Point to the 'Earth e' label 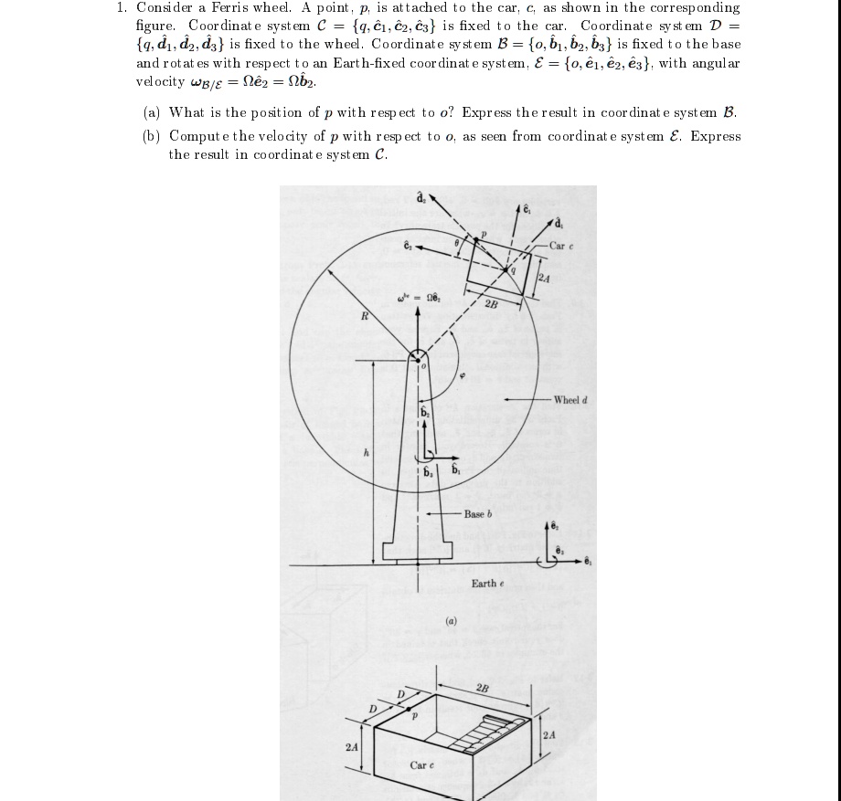point(485,583)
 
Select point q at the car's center point(514,269)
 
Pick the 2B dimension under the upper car point(491,303)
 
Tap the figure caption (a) point(450,622)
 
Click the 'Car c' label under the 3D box point(422,764)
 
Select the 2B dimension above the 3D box point(483,688)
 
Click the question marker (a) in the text point(153,112)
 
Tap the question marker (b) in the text point(153,136)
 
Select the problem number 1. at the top point(121,7)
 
